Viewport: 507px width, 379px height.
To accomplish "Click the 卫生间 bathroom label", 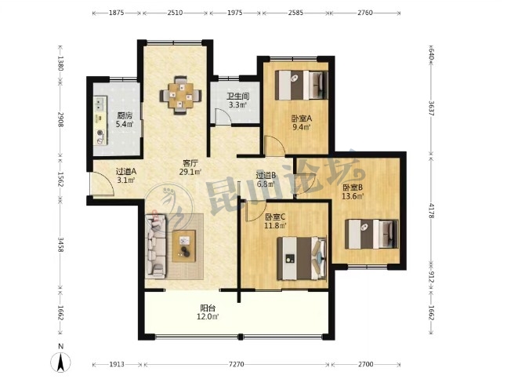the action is [237, 97].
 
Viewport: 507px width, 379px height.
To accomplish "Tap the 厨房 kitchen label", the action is [125, 115].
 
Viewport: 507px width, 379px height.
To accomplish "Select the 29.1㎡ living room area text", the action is [190, 172].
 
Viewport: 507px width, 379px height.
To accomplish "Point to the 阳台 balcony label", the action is [208, 308].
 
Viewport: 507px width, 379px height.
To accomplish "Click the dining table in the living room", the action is [181, 95].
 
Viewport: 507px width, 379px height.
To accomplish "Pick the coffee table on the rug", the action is [184, 246].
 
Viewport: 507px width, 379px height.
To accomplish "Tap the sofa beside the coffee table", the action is [156, 246].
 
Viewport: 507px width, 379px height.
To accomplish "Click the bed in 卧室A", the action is [302, 85].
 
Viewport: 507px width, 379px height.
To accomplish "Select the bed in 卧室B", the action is [371, 234].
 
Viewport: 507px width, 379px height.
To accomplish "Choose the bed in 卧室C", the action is [302, 258].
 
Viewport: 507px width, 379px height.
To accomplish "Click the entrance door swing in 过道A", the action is [103, 183].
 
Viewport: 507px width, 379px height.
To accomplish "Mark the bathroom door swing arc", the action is [223, 116].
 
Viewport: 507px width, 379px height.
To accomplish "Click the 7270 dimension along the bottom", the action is [237, 364].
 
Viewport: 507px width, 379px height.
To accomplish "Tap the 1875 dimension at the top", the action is [117, 13].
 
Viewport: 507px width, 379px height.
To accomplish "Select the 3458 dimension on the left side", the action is [60, 244].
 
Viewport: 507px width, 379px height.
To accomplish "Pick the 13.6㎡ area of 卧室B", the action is [353, 196].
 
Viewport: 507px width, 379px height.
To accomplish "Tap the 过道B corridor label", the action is [266, 176].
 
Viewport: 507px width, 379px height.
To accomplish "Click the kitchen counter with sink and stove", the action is [100, 120].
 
